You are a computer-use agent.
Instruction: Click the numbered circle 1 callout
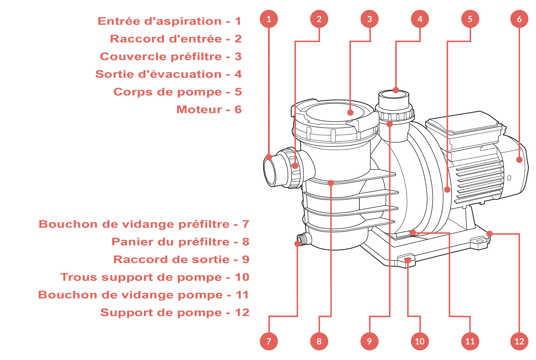269,19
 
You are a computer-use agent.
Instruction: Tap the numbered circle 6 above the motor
519,19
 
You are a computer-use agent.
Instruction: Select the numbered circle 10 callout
420,341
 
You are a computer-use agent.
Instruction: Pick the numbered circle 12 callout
519,341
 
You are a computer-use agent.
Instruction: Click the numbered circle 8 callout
319,341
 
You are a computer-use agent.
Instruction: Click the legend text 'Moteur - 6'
209,110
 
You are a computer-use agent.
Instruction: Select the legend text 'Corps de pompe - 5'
177,92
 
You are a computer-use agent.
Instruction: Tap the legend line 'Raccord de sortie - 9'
181,260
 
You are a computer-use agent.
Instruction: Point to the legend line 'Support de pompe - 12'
175,313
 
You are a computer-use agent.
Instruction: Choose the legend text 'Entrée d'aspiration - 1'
170,21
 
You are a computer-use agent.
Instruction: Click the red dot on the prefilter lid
350,113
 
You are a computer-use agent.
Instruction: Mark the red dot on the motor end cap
519,160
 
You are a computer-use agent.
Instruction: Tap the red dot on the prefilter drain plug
297,244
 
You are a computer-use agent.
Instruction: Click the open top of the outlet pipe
394,95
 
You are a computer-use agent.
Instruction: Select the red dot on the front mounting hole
408,260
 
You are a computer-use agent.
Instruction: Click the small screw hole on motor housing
509,178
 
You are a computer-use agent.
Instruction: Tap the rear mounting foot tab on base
479,242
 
